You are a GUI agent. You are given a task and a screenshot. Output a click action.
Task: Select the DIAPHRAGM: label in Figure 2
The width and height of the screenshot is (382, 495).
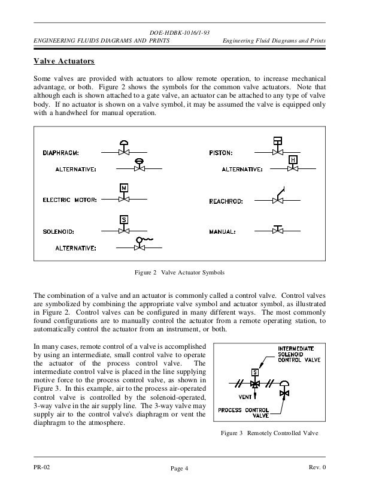click(x=62, y=152)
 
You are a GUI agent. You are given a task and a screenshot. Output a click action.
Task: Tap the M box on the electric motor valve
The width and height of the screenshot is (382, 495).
click(x=124, y=188)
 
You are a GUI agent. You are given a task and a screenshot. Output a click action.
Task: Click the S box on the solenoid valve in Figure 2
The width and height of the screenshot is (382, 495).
click(x=124, y=219)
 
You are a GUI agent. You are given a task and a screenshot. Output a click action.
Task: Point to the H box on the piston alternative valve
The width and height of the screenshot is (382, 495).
click(x=293, y=160)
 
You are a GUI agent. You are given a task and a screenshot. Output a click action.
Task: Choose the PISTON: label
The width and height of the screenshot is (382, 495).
click(x=222, y=152)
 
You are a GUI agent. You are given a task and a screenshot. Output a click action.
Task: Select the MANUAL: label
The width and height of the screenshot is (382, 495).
click(x=223, y=231)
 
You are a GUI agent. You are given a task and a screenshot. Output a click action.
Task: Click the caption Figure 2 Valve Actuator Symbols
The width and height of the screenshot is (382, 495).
click(x=179, y=273)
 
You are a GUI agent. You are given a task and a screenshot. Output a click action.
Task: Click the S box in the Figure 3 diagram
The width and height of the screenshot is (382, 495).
click(x=255, y=372)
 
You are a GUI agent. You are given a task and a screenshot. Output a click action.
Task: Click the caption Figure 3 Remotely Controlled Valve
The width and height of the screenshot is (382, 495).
click(x=270, y=433)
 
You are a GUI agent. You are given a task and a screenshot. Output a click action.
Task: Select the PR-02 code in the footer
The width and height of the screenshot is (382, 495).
click(x=42, y=467)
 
